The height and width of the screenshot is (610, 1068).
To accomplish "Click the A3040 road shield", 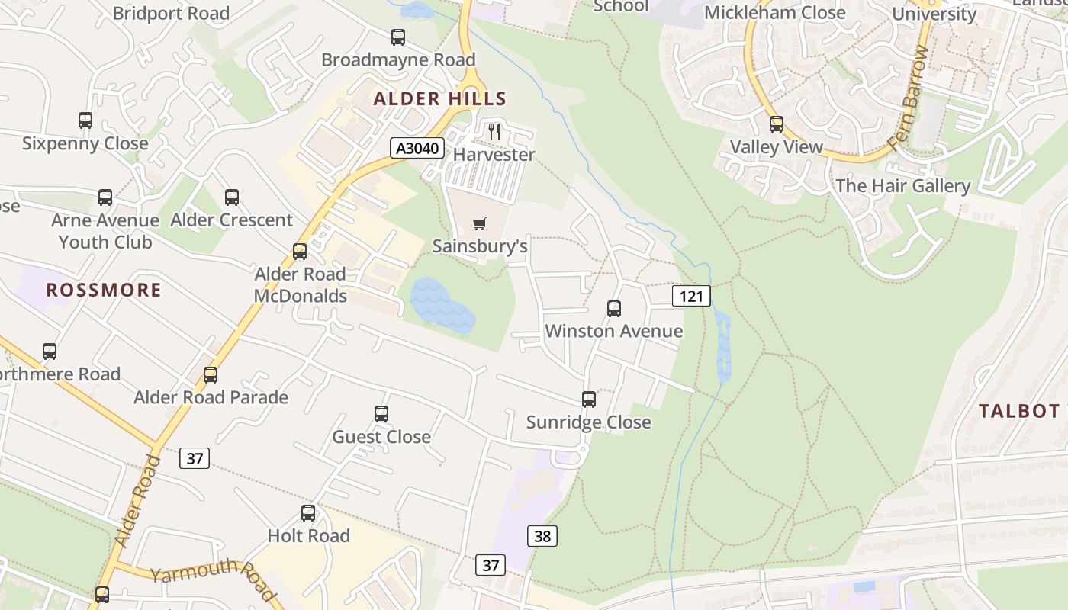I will tap(418, 148).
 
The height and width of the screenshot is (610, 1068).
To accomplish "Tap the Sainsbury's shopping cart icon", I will tap(479, 224).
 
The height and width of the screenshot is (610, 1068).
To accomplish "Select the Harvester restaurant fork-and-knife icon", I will tap(494, 132).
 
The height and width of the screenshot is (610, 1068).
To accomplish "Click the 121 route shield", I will tap(691, 296).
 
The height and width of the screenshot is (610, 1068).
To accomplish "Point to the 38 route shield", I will tap(542, 536).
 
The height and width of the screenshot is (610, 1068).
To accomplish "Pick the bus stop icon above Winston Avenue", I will tap(614, 309).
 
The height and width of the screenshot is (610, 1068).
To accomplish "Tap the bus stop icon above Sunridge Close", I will tap(588, 400).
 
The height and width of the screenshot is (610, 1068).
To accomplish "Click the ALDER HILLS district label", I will tap(440, 98).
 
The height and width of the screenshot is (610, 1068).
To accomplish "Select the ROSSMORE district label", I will tap(104, 290).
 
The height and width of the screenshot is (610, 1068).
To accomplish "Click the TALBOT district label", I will tap(1019, 411).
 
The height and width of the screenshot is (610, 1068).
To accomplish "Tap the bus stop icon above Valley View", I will tap(777, 124).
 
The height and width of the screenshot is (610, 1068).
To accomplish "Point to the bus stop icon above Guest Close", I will tap(381, 414).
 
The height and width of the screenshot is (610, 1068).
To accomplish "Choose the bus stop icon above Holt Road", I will tap(308, 513).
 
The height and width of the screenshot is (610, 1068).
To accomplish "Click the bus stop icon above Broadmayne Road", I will tap(397, 37).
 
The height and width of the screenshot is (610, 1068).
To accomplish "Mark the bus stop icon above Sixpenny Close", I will tap(85, 120).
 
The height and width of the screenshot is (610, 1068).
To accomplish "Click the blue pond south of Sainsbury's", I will tap(442, 304).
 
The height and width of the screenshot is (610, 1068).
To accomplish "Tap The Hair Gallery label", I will tap(902, 186).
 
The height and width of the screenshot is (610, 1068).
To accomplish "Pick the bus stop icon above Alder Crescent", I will tap(232, 197).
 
